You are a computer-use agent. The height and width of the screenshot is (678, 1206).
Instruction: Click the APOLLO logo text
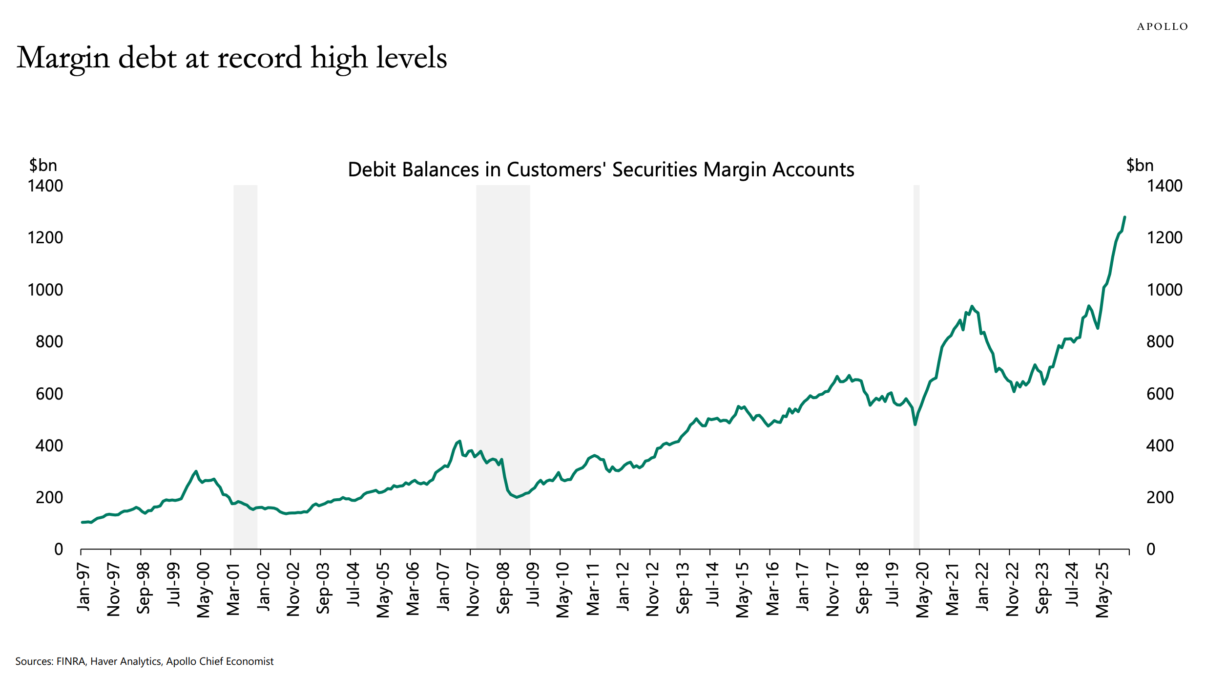click(x=1162, y=26)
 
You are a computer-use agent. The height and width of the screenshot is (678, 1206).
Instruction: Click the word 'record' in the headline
click(x=259, y=58)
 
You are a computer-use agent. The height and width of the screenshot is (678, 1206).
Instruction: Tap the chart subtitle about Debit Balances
click(x=601, y=169)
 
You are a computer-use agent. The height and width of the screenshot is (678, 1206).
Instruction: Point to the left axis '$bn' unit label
click(x=43, y=165)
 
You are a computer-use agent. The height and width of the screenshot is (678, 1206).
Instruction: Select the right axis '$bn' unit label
click(x=1140, y=165)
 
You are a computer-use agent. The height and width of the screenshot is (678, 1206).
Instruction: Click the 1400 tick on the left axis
click(x=45, y=186)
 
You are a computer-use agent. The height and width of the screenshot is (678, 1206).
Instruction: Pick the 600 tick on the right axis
click(x=1160, y=394)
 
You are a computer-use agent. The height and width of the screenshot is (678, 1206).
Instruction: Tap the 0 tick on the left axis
click(x=58, y=550)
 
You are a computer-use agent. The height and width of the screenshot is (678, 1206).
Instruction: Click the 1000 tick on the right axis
click(x=1164, y=290)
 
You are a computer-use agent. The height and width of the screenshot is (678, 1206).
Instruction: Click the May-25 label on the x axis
click(x=1102, y=590)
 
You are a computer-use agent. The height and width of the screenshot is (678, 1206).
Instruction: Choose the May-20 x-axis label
click(x=922, y=590)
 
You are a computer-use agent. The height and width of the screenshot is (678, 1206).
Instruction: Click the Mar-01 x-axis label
click(x=233, y=589)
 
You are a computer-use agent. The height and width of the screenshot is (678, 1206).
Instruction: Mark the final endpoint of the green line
click(x=1125, y=217)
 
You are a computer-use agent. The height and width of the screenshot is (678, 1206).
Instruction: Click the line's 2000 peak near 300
click(x=196, y=471)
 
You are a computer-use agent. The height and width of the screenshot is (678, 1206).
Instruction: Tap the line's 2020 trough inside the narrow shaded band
click(x=915, y=424)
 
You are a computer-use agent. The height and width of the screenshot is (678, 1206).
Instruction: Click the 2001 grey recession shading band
click(x=245, y=366)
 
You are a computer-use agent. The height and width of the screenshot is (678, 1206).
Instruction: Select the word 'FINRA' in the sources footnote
click(x=71, y=661)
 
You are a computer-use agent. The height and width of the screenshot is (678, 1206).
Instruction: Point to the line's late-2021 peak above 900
click(x=972, y=306)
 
